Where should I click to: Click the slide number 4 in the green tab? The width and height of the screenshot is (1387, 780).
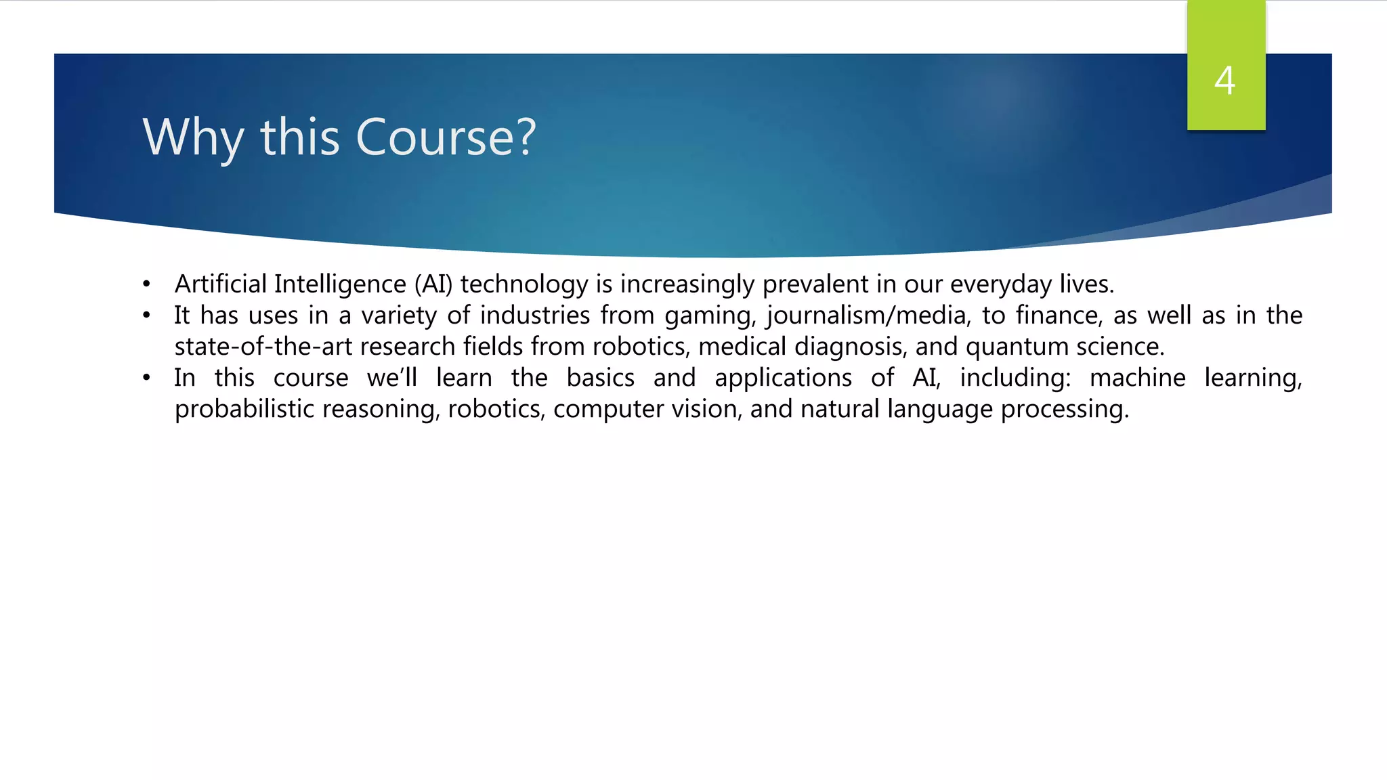1224,81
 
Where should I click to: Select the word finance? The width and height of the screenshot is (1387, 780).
1058,315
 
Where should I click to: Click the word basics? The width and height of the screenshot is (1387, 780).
601,378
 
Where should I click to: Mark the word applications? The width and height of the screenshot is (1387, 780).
783,378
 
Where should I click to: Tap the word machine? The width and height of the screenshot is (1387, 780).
1137,378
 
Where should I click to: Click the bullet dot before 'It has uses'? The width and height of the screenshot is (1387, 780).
146,316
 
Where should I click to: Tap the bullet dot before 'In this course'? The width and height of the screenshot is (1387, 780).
146,378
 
